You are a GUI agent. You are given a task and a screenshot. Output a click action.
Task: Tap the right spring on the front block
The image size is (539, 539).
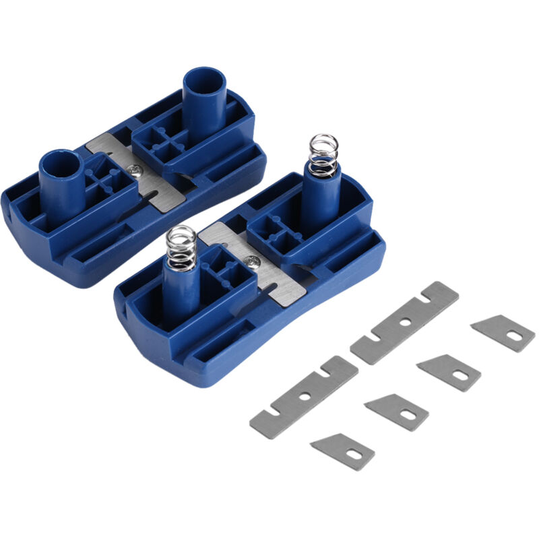(323, 153)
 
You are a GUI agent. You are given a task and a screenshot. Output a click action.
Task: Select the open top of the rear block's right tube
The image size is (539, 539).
(204, 82)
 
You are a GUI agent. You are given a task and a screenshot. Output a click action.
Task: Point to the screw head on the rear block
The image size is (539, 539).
(137, 172)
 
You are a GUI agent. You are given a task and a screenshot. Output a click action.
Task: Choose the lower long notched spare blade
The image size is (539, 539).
(304, 397)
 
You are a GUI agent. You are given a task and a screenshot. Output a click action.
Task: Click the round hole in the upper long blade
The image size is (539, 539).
(405, 322)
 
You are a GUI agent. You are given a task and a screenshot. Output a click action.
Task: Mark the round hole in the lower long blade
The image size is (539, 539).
(305, 397)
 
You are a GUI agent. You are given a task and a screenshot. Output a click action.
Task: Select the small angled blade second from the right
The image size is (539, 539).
(449, 371)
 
